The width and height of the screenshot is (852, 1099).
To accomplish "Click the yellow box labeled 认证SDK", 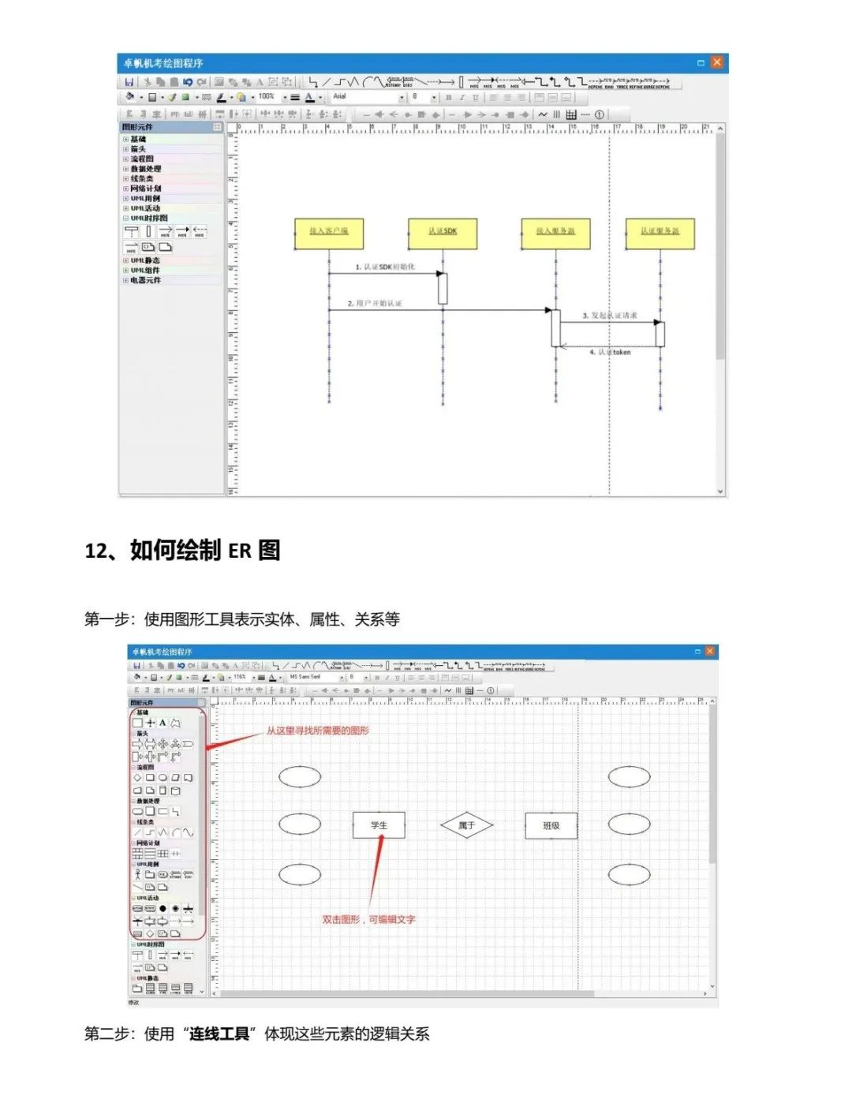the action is pos(443,232).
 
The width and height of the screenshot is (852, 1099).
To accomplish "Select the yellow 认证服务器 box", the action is pos(660,232).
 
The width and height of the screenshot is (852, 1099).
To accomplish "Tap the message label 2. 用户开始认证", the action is pos(376,304).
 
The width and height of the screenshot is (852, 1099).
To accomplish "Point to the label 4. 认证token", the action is pos(610,353).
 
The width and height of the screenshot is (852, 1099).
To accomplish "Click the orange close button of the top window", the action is pos(716,62).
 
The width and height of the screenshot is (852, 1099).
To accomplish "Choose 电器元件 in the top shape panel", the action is pos(145,280).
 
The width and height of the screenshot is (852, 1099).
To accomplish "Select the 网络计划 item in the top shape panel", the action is pos(146,189).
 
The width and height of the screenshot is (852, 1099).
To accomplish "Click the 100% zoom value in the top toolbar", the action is pos(267,97).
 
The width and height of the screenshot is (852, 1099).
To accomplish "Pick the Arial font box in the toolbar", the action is pos(367,97).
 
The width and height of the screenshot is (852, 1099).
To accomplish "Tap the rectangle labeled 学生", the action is pos(379,825).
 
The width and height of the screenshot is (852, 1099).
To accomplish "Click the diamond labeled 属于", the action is pos(466,825).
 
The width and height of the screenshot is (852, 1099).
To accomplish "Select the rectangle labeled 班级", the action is pos(551,825).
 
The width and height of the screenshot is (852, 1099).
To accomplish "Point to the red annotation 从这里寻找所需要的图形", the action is pos(317,731).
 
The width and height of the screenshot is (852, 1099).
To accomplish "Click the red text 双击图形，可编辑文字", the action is pos(368,919).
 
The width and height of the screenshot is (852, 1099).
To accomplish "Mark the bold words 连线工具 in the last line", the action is pos(219,1034).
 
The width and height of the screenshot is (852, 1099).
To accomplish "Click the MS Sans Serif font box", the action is pos(312,677).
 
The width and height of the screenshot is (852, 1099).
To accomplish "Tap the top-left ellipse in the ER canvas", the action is pos(300,776).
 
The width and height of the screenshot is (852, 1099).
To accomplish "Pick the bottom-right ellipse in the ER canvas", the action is pos(629,874).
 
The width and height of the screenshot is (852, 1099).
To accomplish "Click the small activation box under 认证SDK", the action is pos(443,288).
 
